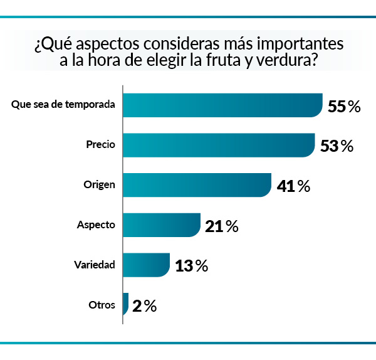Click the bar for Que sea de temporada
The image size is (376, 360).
(x=222, y=105)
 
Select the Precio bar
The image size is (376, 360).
(x=219, y=146)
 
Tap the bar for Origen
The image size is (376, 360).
(x=197, y=185)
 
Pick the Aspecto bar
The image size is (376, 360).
(x=161, y=225)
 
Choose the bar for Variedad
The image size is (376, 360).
(x=146, y=265)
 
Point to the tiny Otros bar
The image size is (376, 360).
(x=126, y=305)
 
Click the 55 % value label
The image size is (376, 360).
(x=344, y=107)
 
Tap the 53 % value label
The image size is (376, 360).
(x=337, y=147)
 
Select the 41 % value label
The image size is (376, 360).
(x=293, y=186)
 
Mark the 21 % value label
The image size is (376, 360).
(x=221, y=226)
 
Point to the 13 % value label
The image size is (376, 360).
(x=191, y=266)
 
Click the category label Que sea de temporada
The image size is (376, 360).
(x=63, y=104)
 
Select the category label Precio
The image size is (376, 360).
(x=100, y=144)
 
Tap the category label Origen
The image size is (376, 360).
(x=99, y=184)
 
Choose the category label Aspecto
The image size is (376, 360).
(x=96, y=225)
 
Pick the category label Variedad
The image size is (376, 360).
(x=94, y=265)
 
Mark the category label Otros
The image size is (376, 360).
(x=102, y=305)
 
